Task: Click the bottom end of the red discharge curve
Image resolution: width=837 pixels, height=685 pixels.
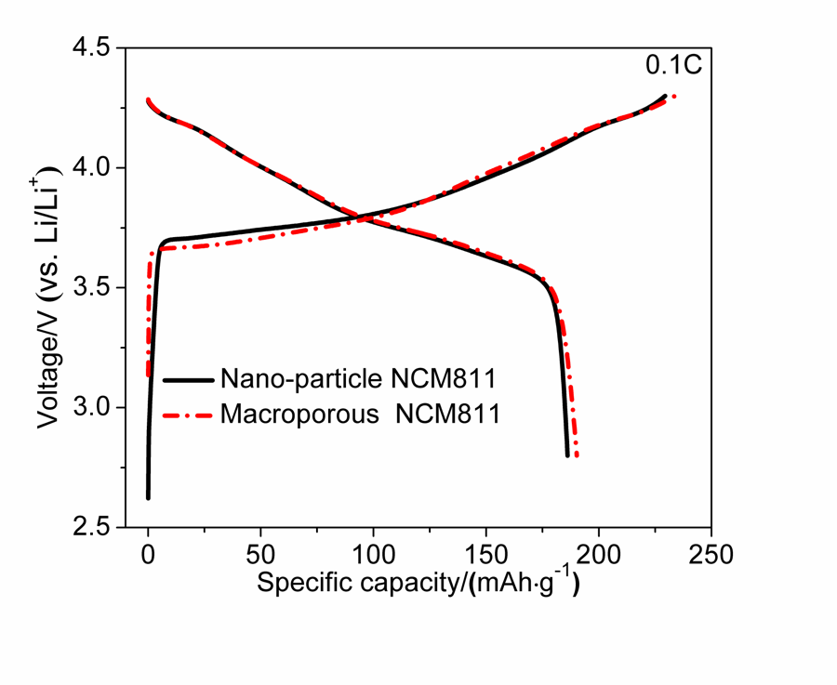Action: click(x=578, y=454)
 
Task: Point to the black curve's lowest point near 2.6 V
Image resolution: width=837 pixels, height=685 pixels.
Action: click(x=148, y=497)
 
